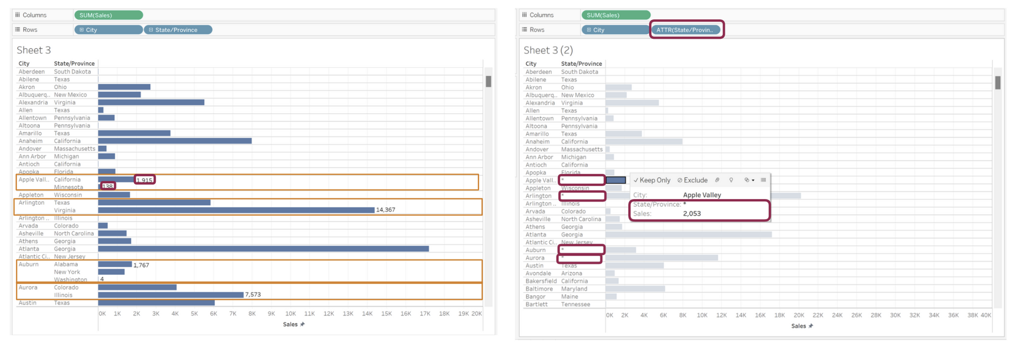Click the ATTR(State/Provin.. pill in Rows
(x=684, y=30)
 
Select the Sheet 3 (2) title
(x=548, y=50)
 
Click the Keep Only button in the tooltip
(x=652, y=180)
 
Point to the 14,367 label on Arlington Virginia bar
(x=385, y=210)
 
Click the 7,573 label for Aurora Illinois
(x=253, y=295)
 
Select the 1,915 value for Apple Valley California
(x=144, y=180)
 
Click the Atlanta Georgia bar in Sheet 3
(x=263, y=249)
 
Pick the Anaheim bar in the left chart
(x=175, y=141)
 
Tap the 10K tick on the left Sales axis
(x=290, y=314)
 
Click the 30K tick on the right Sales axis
(x=895, y=315)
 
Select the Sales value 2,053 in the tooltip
(x=692, y=213)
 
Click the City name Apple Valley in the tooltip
(x=702, y=195)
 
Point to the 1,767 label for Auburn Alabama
(x=141, y=265)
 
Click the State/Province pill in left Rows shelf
(x=178, y=30)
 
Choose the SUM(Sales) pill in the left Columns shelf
(x=108, y=15)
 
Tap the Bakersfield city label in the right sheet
(x=541, y=281)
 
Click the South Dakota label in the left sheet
(x=72, y=71)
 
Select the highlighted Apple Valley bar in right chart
(x=616, y=180)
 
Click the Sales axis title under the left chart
(x=290, y=324)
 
